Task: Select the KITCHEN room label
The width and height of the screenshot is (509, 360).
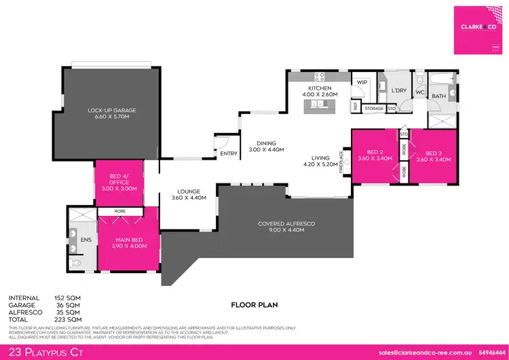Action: point(319,89)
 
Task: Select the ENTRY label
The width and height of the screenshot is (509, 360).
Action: point(229,154)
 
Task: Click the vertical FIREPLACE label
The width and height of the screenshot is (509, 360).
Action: point(345,163)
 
